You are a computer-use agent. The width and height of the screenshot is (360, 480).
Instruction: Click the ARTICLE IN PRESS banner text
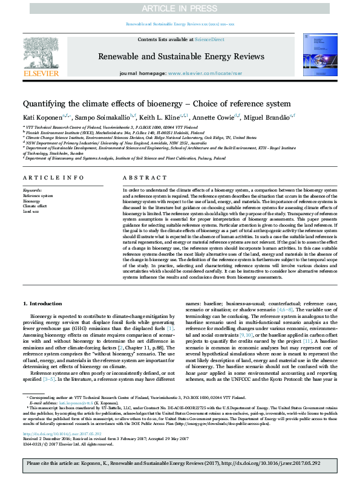180,9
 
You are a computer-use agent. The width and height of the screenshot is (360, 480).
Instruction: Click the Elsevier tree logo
40,58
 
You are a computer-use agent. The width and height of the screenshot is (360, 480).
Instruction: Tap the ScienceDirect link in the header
209,39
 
